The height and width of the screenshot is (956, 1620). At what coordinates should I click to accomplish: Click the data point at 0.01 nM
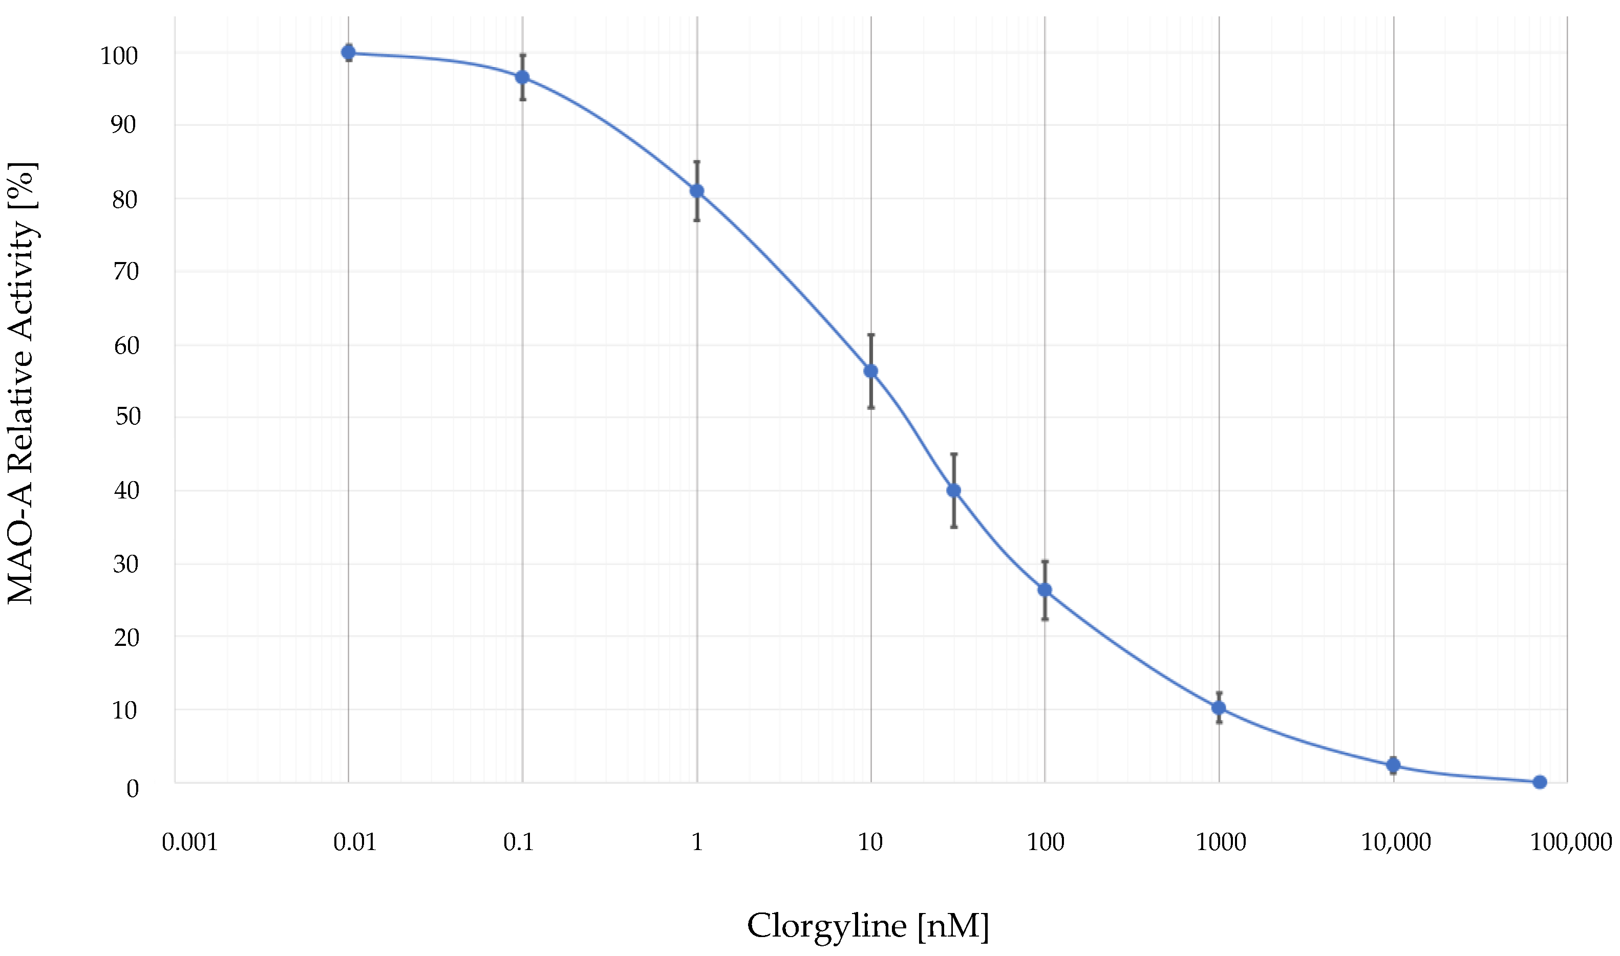click(348, 52)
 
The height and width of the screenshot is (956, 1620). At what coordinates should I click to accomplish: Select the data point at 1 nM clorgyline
click(696, 191)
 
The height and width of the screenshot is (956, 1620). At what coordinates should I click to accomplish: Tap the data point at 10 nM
click(870, 371)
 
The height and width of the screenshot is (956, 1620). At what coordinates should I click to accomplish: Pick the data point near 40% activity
click(954, 491)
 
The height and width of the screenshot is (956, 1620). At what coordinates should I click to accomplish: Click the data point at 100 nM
click(1045, 590)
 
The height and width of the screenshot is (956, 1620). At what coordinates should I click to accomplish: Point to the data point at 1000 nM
click(1219, 708)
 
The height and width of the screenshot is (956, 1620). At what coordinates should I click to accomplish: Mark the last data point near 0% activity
click(1540, 782)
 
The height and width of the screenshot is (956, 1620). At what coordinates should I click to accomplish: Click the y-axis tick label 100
click(119, 56)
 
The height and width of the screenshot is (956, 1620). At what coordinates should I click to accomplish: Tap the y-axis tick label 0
click(132, 789)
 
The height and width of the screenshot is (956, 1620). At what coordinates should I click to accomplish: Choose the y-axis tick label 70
click(126, 272)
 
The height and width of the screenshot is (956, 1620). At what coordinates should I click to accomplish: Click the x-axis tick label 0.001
click(189, 842)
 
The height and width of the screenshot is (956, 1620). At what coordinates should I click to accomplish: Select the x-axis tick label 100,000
click(1570, 842)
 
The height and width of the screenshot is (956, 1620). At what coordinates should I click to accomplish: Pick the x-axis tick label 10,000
click(1396, 842)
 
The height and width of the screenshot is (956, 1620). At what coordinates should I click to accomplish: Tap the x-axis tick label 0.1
click(519, 842)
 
